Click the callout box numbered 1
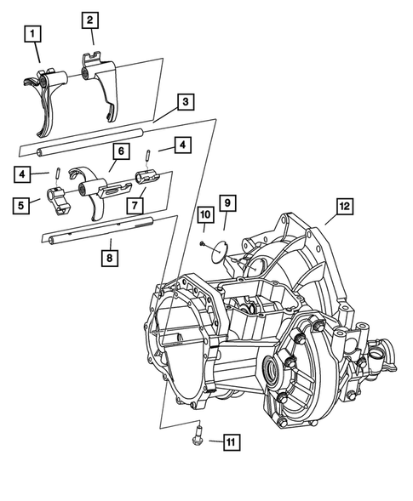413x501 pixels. pos(32,35)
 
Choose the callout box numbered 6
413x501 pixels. pos(121,151)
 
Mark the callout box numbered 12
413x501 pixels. pos(344,206)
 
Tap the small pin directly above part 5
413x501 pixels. pos(57,175)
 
